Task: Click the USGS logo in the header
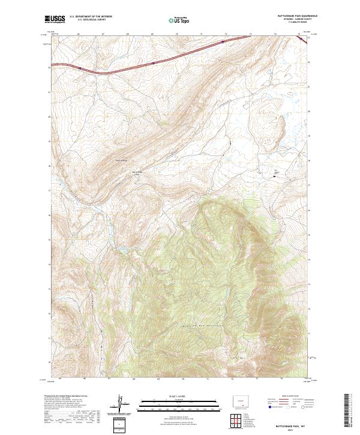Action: click(55, 20)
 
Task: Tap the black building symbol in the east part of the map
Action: click(275, 176)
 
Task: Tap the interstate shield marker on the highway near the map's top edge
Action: click(223, 42)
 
